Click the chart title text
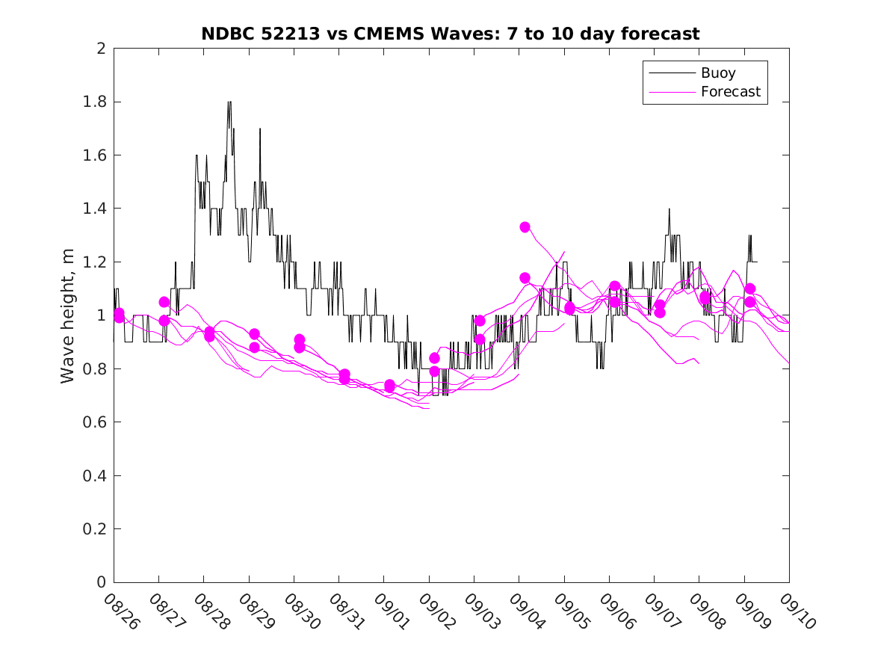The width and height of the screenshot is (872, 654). (450, 34)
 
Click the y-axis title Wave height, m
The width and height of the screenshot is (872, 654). (68, 315)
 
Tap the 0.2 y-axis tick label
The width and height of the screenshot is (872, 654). (96, 529)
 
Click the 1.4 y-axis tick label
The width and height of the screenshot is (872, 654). (96, 209)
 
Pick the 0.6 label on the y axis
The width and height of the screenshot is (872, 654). (96, 422)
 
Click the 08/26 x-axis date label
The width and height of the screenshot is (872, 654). (121, 611)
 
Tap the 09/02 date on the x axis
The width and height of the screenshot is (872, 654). (436, 611)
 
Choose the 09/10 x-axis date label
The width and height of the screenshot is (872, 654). (797, 611)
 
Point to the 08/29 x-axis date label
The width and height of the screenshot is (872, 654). (256, 611)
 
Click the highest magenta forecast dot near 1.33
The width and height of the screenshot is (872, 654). (525, 226)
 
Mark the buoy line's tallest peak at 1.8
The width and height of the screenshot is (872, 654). (229, 102)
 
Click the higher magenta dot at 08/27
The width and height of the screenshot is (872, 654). (164, 302)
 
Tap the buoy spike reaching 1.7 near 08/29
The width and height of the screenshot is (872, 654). (260, 129)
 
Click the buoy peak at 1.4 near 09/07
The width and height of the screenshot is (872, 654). (670, 209)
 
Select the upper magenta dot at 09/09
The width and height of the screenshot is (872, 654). (750, 289)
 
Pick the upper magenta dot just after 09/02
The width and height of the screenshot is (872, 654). (434, 358)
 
